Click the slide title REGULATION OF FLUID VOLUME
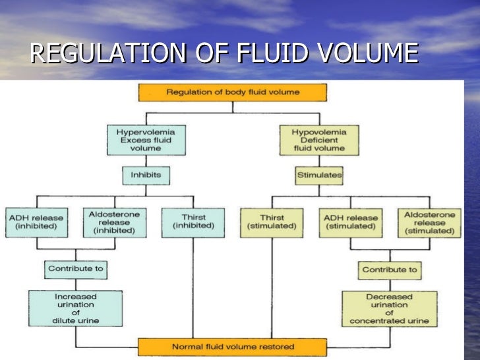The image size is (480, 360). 224,53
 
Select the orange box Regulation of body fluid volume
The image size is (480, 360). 232,92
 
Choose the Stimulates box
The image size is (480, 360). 319,175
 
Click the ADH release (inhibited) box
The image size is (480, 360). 38,222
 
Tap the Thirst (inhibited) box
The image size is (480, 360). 193,222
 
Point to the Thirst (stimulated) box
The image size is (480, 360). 272,222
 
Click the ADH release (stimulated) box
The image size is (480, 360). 349,222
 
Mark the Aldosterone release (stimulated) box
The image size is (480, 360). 425,222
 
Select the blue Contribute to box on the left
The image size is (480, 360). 76,269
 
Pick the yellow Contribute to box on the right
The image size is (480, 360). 388,269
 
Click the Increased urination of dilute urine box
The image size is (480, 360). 76,309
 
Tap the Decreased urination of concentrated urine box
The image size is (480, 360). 388,309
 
